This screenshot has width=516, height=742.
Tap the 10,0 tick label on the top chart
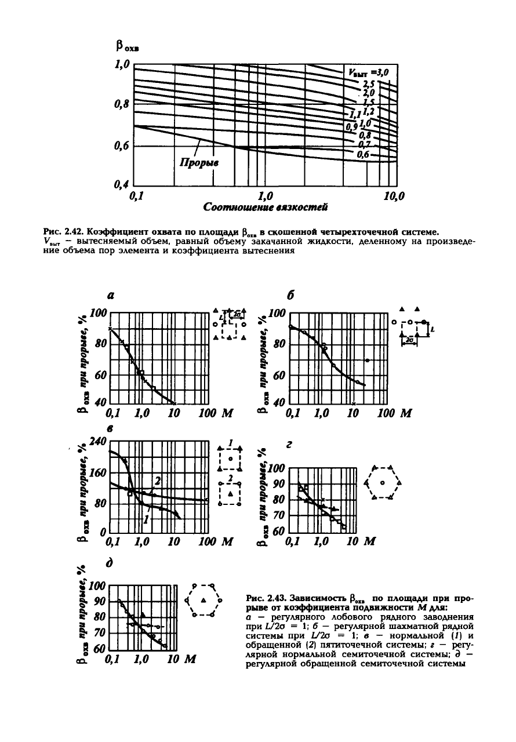(x=394, y=195)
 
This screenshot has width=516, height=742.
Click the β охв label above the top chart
(x=121, y=45)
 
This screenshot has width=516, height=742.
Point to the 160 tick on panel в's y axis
(x=95, y=472)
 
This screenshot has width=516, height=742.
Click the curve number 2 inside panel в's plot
(x=157, y=481)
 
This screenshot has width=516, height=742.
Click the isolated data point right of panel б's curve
(x=367, y=361)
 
